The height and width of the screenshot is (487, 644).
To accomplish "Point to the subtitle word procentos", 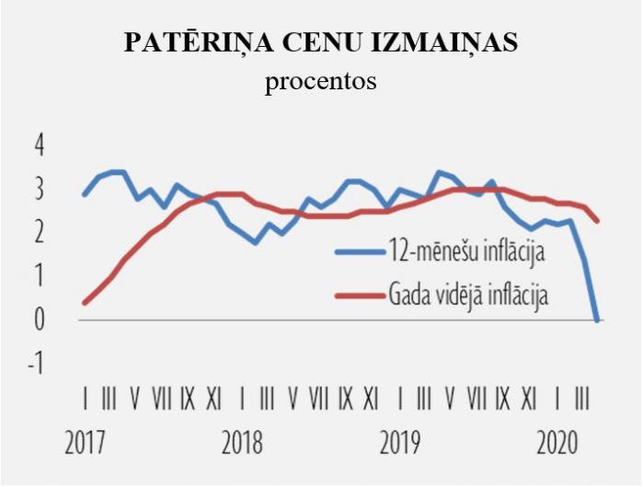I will [x=321, y=81].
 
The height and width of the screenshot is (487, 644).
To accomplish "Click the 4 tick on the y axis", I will [x=39, y=145].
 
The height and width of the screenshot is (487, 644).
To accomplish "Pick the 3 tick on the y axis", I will [x=39, y=190].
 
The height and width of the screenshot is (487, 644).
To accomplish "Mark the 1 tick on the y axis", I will [x=39, y=276].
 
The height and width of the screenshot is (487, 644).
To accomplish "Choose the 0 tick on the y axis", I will [x=39, y=319].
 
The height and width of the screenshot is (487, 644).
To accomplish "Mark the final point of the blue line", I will [x=598, y=319].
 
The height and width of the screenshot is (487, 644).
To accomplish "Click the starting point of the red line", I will [x=85, y=302].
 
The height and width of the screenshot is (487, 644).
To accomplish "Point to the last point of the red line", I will [x=598, y=221].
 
